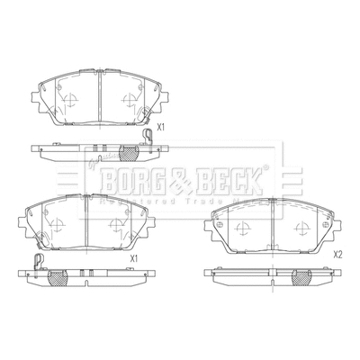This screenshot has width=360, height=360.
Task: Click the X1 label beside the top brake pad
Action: (x=162, y=128)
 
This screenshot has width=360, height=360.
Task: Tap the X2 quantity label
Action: (x=338, y=255)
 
